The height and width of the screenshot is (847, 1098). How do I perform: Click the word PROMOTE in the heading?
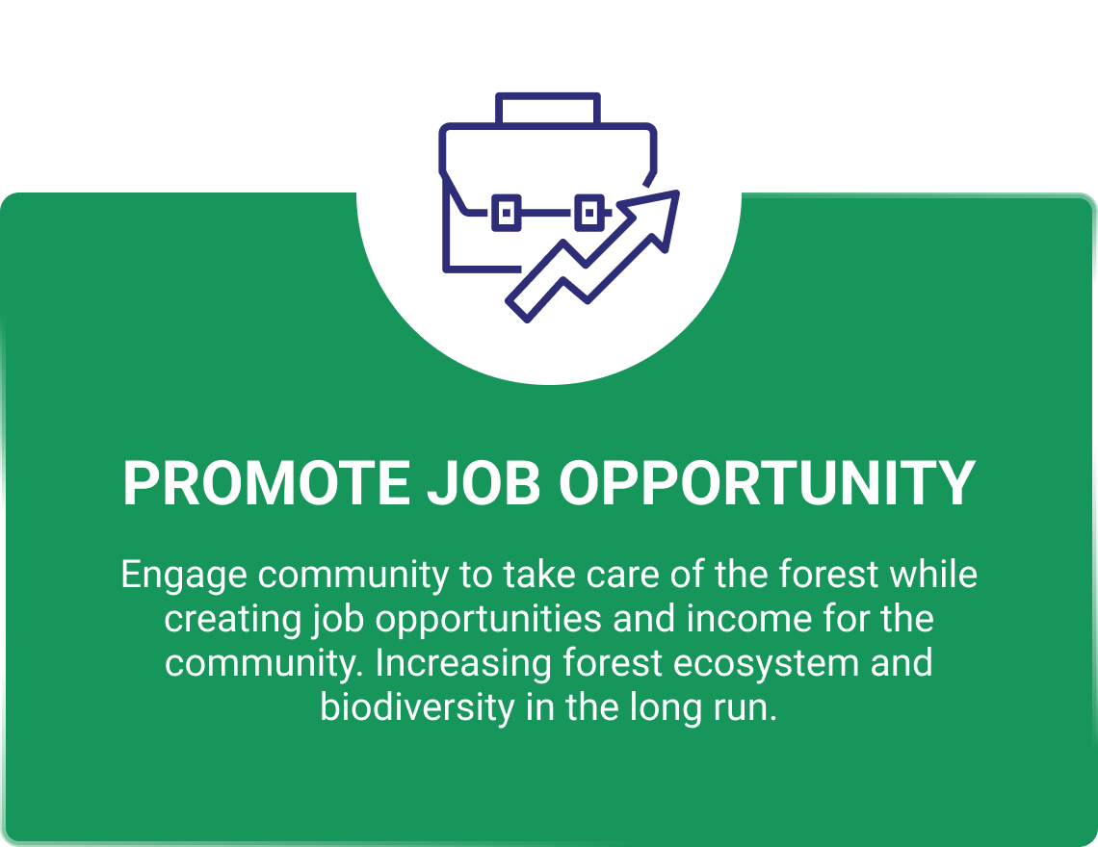click(x=266, y=483)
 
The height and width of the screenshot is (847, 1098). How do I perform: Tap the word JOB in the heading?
click(x=484, y=483)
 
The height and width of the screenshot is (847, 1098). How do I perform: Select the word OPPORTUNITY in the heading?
click(x=767, y=483)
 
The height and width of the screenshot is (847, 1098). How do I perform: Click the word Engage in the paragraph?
click(x=183, y=577)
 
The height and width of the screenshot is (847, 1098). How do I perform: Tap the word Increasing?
click(x=463, y=664)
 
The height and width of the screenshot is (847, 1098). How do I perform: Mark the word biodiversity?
click(x=417, y=708)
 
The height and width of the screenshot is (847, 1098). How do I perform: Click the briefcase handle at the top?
click(x=548, y=96)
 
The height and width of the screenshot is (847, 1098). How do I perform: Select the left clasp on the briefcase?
click(x=507, y=212)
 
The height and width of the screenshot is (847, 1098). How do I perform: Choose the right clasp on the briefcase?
click(x=589, y=212)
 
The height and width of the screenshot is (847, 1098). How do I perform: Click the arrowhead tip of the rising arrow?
click(x=677, y=192)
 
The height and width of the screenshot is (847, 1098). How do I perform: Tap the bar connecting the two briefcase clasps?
click(x=548, y=212)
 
